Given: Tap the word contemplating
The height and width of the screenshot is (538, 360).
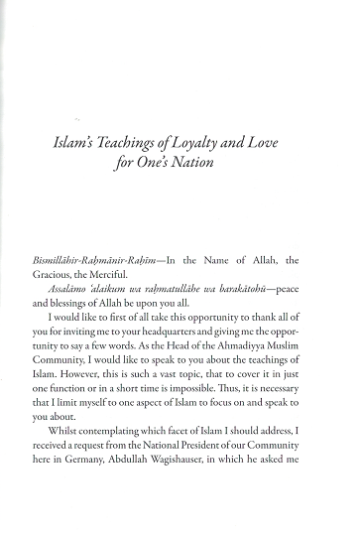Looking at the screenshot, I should point(134,474).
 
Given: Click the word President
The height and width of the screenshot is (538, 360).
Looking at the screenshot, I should point(222,492).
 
